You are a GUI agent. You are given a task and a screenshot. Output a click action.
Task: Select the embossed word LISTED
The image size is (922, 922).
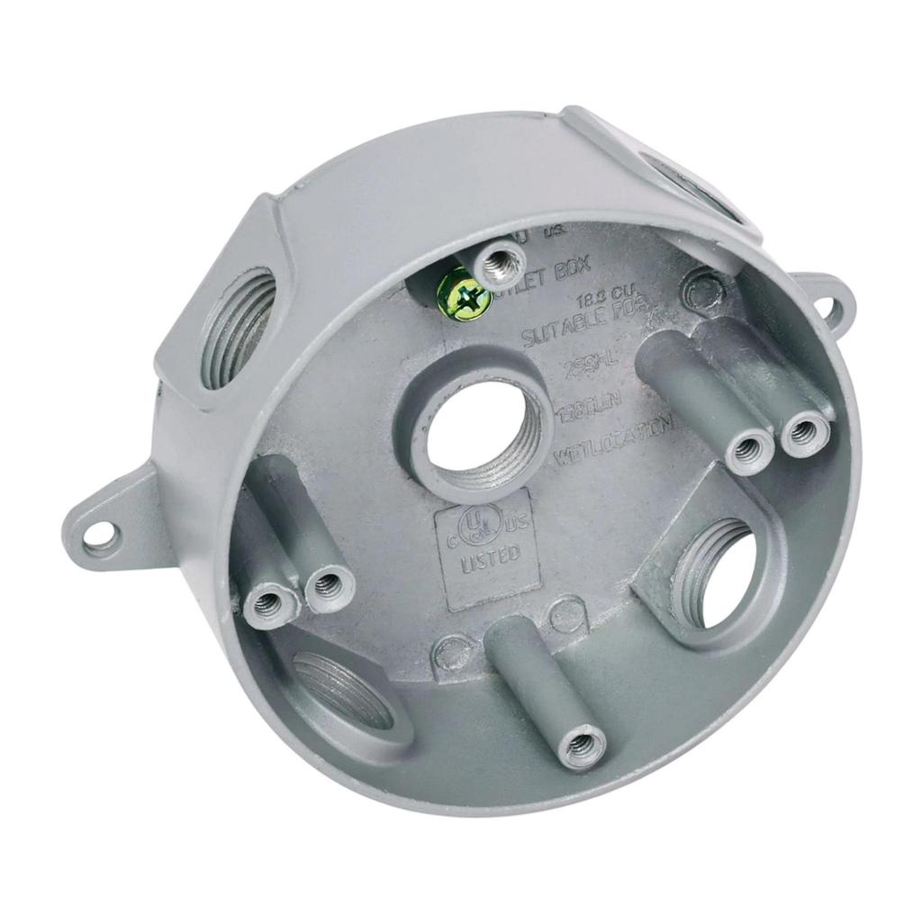point(489,556)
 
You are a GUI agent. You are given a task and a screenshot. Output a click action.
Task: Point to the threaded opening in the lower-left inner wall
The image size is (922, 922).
point(343,688)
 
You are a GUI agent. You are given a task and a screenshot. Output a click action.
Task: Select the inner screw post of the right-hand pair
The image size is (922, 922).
point(749,445)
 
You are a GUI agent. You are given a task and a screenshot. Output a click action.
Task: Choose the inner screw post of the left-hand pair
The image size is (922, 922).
point(328,585)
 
